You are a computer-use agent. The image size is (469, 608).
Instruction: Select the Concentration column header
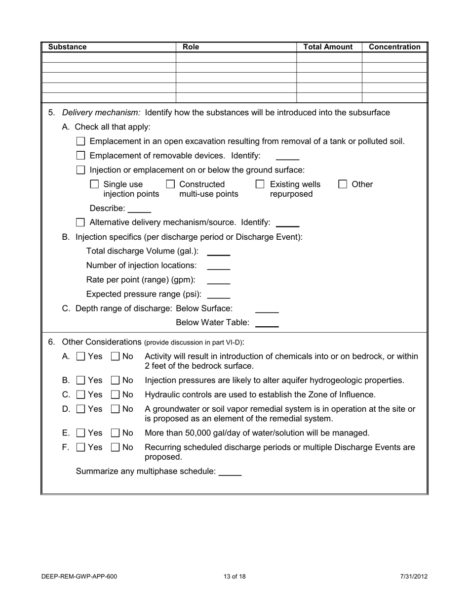394,47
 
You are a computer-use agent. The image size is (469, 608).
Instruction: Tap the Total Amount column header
328,47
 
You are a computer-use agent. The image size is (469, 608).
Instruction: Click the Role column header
191,47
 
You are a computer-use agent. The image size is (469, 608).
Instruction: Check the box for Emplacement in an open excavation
81,141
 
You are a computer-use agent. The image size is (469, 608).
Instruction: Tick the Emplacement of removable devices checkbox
81,156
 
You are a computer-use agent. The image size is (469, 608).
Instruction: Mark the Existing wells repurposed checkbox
260,184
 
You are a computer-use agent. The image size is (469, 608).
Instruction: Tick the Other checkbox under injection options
343,184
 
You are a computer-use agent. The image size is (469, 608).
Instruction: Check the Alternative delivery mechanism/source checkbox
81,223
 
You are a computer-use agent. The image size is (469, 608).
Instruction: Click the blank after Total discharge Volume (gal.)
218,252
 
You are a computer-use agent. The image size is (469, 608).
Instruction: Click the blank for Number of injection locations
218,266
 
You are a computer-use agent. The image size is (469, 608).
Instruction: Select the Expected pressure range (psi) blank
218,295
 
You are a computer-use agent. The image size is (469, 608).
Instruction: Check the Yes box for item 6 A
81,356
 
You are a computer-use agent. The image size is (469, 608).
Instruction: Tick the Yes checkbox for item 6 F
81,448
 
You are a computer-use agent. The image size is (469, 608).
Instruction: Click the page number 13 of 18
234,576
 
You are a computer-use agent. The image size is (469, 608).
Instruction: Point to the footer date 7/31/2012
414,576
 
